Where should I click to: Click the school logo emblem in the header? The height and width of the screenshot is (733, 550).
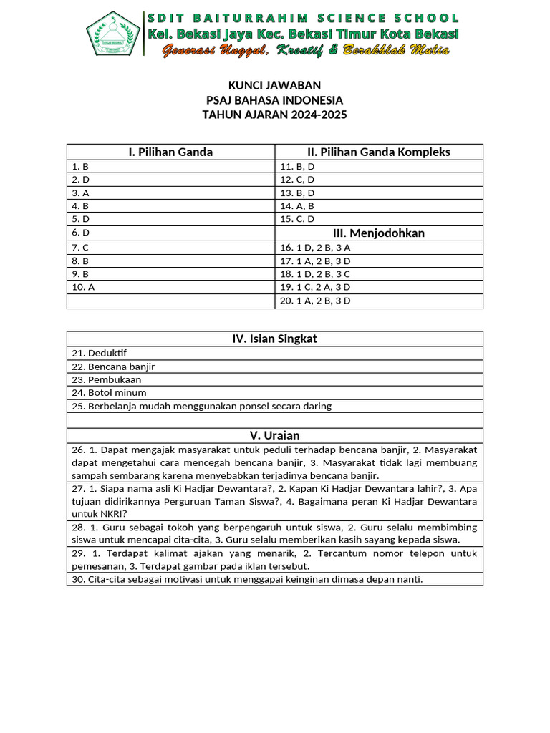113,34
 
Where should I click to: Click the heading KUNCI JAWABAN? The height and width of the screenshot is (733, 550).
274,85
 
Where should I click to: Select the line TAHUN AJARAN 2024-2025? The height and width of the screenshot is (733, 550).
274,115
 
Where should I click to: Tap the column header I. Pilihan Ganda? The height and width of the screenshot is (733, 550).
170,152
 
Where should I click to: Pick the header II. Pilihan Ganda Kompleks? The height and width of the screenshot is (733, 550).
378,152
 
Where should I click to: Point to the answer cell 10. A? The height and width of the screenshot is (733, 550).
82,287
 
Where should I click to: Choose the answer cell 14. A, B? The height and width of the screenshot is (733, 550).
297,206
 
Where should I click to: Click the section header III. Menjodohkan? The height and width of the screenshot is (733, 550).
378,233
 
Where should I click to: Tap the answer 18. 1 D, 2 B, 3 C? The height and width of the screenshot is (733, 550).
315,274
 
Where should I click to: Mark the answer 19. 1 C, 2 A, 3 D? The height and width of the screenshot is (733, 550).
315,287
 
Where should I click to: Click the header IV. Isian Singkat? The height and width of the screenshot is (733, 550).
274,339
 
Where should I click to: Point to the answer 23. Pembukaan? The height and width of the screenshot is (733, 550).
106,379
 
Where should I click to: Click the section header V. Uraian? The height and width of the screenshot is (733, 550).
274,435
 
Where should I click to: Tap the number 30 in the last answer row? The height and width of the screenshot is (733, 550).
77,579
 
